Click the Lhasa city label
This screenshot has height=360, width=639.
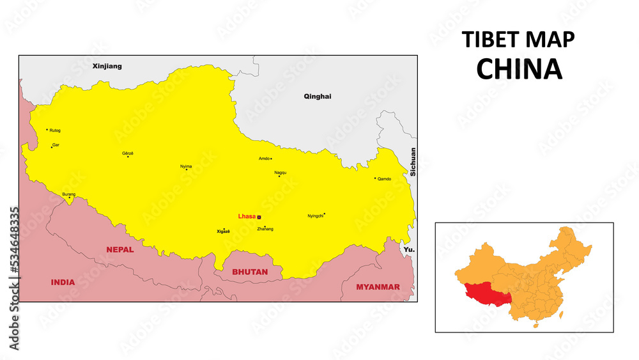(247, 216)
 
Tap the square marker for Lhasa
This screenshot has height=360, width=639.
(259, 217)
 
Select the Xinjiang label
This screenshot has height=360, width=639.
(107, 66)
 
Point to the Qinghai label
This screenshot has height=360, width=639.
(318, 97)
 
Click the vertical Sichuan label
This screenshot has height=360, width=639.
(413, 162)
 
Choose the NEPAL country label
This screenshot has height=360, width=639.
(120, 249)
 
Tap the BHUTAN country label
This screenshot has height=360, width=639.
(250, 272)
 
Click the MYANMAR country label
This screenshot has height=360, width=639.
(378, 286)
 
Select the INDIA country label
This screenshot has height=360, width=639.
(63, 282)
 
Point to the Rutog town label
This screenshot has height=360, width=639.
(55, 130)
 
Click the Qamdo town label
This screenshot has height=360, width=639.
(384, 179)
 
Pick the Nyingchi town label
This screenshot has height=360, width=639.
(316, 215)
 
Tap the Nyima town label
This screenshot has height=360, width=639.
(185, 167)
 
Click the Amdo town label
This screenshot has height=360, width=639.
(263, 159)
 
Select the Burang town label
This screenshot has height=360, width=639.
(68, 194)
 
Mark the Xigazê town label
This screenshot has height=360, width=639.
(223, 231)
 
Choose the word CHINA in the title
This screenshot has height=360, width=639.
(519, 69)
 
